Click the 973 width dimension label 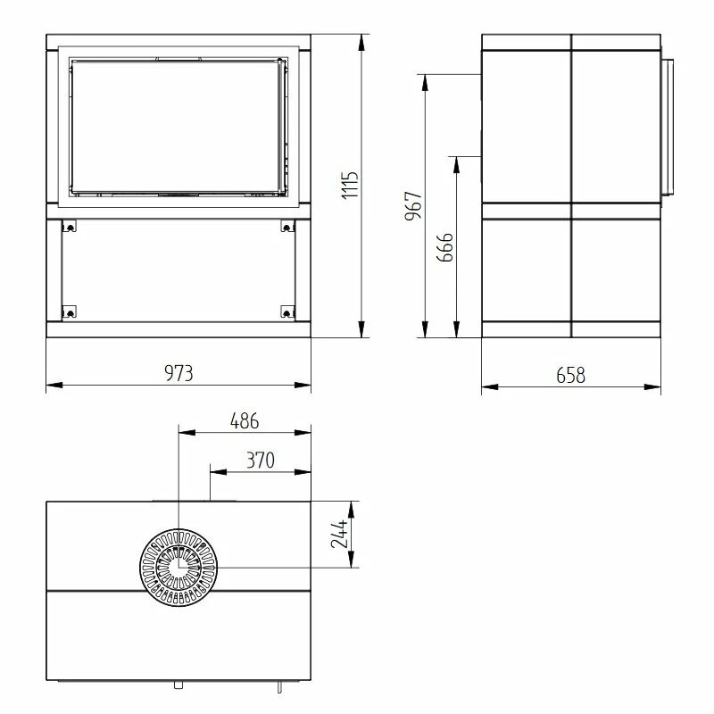[178, 373]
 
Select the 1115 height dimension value [350, 185]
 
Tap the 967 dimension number [413, 206]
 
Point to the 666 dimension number [444, 247]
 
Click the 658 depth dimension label [570, 375]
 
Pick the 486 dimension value [245, 421]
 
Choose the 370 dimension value [261, 461]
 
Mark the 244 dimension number [340, 534]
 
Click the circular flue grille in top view [178, 568]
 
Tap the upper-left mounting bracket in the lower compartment [70, 226]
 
